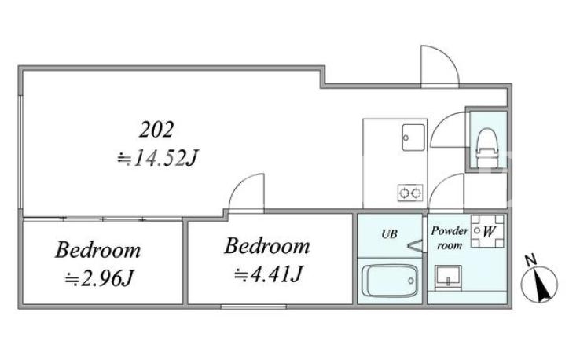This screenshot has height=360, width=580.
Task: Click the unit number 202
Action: (156, 130)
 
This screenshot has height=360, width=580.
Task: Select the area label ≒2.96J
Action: (99, 278)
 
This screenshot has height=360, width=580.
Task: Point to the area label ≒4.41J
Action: (269, 274)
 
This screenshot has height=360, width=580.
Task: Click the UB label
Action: (389, 233)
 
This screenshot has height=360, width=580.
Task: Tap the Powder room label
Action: (450, 238)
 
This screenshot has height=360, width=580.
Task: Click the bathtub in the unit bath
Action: (390, 281)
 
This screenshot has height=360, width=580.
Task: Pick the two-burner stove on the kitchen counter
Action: (410, 193)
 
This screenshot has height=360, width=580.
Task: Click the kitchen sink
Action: (413, 138)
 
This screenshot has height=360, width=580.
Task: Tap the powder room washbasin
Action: (448, 277)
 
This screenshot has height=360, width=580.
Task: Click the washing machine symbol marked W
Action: (487, 231)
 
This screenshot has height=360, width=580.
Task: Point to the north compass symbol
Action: (539, 285)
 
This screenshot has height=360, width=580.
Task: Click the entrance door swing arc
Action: (448, 56)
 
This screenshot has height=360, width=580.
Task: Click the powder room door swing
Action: (439, 184)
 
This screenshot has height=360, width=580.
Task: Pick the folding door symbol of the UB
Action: (415, 246)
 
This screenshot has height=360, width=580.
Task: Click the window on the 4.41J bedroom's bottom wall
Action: (254, 307)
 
